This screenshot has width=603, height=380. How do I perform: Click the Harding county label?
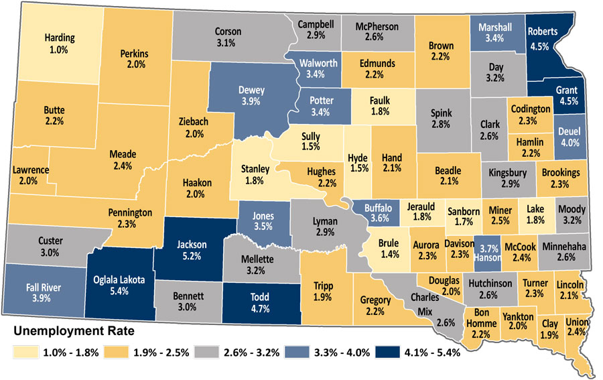point(59,38)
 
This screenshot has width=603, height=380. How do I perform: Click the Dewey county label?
point(251,90)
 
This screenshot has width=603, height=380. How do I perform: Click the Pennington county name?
point(131,212)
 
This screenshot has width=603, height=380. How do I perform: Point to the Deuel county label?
point(569,131)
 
